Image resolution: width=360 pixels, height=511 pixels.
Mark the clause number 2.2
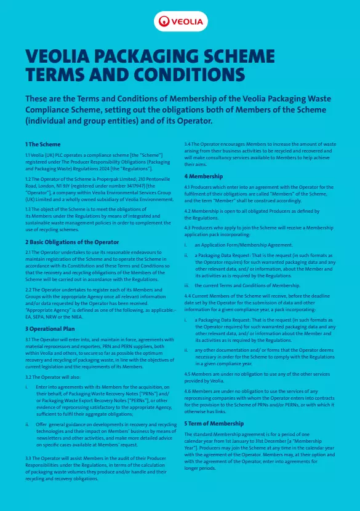click(28, 289)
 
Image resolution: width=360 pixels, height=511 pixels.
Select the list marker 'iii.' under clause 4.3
click(188, 285)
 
